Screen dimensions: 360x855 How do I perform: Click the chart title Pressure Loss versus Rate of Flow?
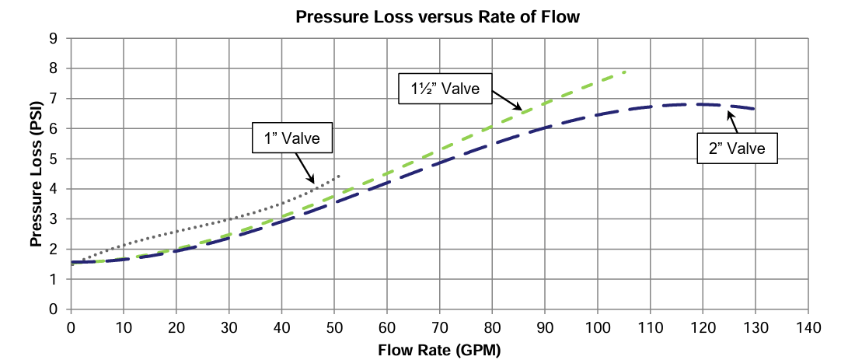pos(438,17)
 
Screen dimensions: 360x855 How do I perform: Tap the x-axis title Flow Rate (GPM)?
pos(439,349)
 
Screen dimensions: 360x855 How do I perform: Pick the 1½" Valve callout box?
pos(445,89)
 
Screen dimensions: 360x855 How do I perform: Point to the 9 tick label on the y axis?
pos(54,38)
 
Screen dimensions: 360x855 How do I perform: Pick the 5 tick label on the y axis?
pos(54,159)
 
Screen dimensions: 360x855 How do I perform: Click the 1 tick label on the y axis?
pos(54,279)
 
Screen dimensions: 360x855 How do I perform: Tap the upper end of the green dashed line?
pos(624,72)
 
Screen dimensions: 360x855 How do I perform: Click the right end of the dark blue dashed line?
pos(755,109)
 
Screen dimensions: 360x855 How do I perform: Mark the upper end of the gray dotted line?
pos(340,177)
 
